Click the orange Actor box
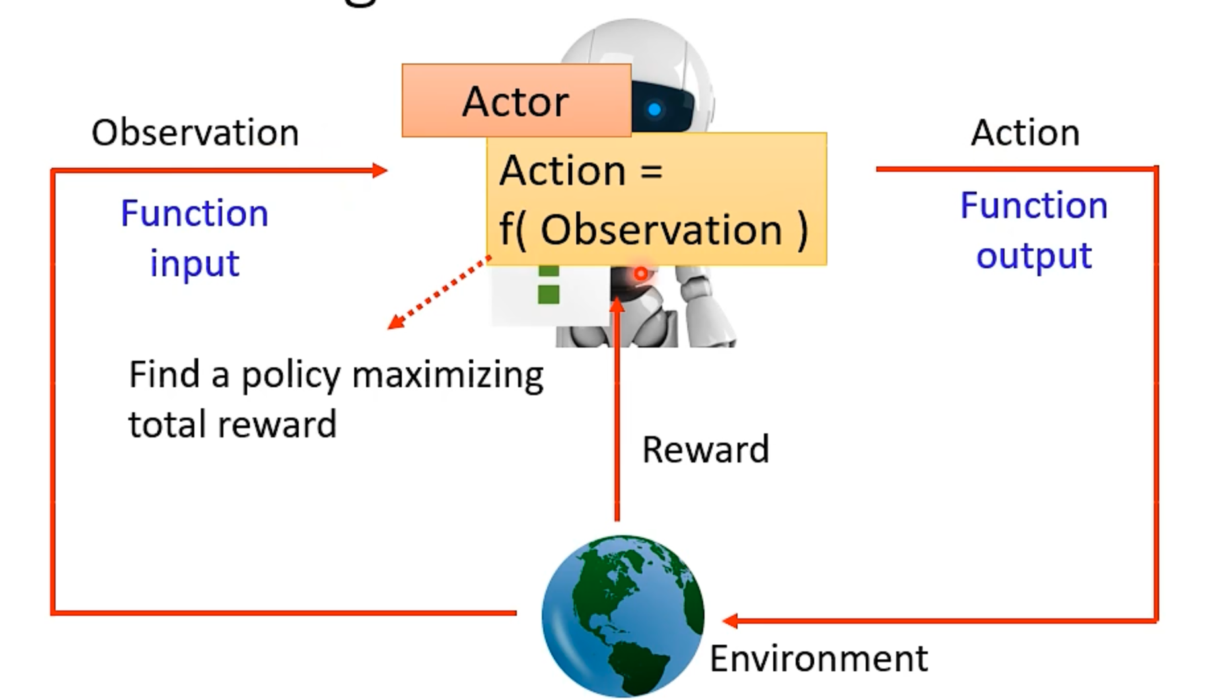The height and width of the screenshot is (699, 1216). (x=515, y=100)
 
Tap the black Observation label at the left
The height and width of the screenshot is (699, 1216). (x=195, y=133)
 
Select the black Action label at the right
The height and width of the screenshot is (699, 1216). (x=1025, y=133)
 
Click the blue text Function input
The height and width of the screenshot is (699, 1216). (x=194, y=238)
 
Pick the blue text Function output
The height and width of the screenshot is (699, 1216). (x=1034, y=230)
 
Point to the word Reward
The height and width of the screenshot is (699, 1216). (x=705, y=450)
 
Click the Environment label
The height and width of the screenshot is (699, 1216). (x=818, y=659)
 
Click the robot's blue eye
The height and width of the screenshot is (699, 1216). (x=654, y=110)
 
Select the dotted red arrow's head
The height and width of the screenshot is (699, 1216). (x=395, y=322)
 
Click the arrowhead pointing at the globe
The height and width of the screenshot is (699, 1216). (x=730, y=620)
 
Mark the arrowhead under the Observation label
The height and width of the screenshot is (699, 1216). (x=380, y=170)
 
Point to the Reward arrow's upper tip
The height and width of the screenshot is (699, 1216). (x=617, y=304)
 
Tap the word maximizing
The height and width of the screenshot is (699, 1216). (x=447, y=375)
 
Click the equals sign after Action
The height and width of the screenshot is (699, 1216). (x=651, y=171)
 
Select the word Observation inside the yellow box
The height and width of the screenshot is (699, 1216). (x=661, y=230)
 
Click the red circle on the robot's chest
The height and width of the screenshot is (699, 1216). (x=640, y=273)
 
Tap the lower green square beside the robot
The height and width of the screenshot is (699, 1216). (x=549, y=295)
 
